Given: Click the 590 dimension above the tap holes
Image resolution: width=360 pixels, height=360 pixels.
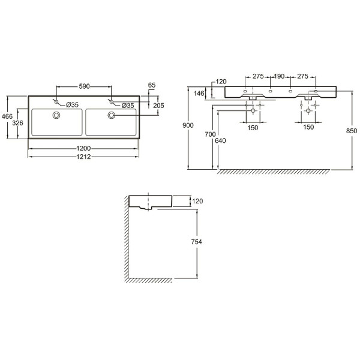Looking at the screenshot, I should tap(84, 86).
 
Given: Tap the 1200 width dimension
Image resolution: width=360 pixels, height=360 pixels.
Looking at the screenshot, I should tap(84, 148).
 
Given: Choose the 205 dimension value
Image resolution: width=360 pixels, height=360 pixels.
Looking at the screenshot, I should tap(158, 105).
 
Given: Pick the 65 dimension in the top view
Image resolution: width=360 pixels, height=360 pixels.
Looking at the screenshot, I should tap(151, 86).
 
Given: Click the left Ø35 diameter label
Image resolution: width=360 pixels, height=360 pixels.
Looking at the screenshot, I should tap(73, 105).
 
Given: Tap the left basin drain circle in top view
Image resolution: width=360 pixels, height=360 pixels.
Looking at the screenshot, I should tap(57, 115).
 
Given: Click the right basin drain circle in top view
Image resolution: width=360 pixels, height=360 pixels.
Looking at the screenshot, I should tap(112, 115).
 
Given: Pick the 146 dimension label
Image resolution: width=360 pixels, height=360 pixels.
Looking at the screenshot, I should tap(199, 93).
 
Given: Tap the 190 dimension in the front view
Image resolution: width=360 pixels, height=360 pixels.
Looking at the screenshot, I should tap(280, 77).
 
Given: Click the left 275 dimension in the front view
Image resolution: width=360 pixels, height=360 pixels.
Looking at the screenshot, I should tap(258, 77).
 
